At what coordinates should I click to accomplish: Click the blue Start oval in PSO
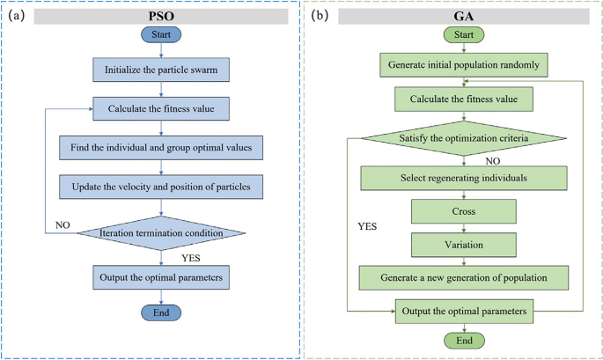click(161, 35)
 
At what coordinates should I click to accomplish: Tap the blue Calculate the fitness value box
click(161, 109)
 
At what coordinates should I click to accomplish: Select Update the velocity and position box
click(161, 186)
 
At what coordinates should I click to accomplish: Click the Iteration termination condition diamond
click(161, 233)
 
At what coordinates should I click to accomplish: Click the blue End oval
click(161, 313)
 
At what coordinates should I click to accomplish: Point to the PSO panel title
click(162, 14)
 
